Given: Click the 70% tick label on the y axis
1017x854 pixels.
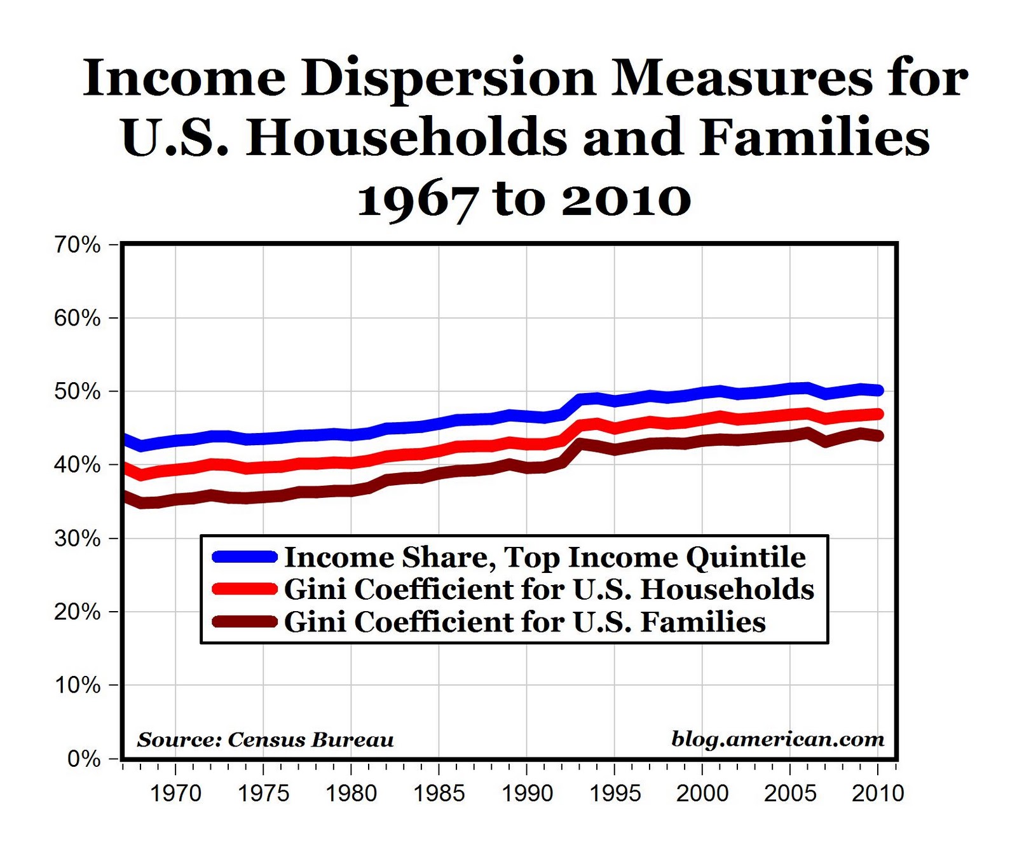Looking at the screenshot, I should (78, 245).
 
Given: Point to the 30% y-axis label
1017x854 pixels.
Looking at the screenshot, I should (78, 539).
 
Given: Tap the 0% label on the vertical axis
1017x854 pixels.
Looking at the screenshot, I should (84, 759).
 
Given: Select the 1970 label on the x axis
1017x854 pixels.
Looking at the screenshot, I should (175, 793).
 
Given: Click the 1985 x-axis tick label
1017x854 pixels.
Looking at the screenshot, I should (439, 793).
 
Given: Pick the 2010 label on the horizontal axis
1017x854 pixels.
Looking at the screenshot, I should (877, 793).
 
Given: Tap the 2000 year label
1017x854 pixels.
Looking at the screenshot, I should (702, 793).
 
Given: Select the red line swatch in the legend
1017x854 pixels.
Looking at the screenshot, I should (245, 589).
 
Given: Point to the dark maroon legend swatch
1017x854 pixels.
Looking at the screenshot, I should (245, 621).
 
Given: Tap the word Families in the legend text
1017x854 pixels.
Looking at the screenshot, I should (702, 622).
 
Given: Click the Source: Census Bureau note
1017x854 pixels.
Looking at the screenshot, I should (265, 740).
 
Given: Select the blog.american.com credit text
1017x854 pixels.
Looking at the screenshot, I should (777, 739).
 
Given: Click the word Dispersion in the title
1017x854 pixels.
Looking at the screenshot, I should (449, 79).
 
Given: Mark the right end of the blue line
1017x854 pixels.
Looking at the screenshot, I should (878, 390).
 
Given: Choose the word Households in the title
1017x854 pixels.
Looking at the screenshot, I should (407, 138).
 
